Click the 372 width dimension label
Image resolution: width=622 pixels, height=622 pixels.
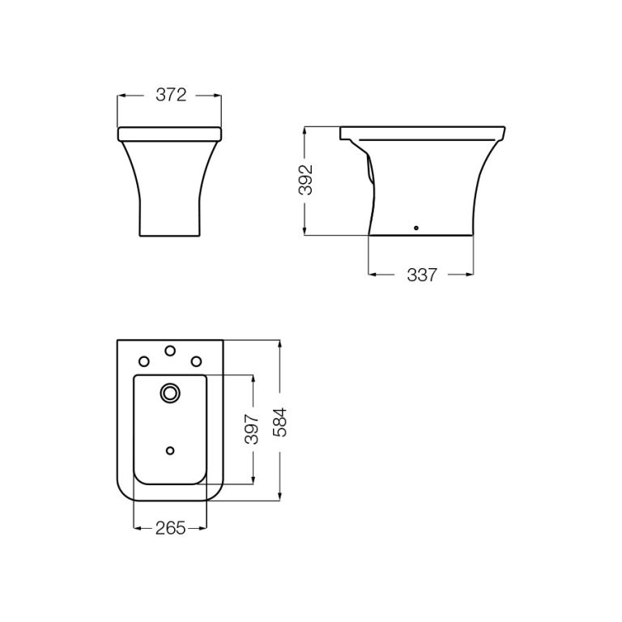[171, 96]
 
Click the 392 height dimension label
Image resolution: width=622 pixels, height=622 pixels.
[305, 180]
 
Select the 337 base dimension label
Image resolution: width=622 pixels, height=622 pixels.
[421, 275]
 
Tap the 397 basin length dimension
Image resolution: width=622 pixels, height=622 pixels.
[253, 428]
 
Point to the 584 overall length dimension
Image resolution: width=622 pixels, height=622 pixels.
[279, 421]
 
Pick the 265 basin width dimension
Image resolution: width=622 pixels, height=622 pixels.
[170, 528]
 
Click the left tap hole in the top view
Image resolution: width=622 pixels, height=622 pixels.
[144, 361]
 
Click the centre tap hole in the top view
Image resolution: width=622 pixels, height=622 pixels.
[170, 351]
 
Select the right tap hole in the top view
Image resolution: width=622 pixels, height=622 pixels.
[195, 361]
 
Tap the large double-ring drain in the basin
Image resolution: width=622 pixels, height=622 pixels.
[170, 394]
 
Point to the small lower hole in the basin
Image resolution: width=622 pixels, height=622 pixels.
[170, 449]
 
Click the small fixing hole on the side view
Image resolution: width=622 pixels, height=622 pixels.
[416, 228]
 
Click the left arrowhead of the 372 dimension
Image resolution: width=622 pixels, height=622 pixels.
[121, 96]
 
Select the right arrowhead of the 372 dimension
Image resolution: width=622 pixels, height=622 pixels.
[219, 96]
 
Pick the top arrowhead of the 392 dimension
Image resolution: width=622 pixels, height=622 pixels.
[305, 130]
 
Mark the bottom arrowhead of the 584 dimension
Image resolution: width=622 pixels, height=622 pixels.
[279, 497]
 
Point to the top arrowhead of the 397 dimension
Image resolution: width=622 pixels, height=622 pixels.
[253, 378]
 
